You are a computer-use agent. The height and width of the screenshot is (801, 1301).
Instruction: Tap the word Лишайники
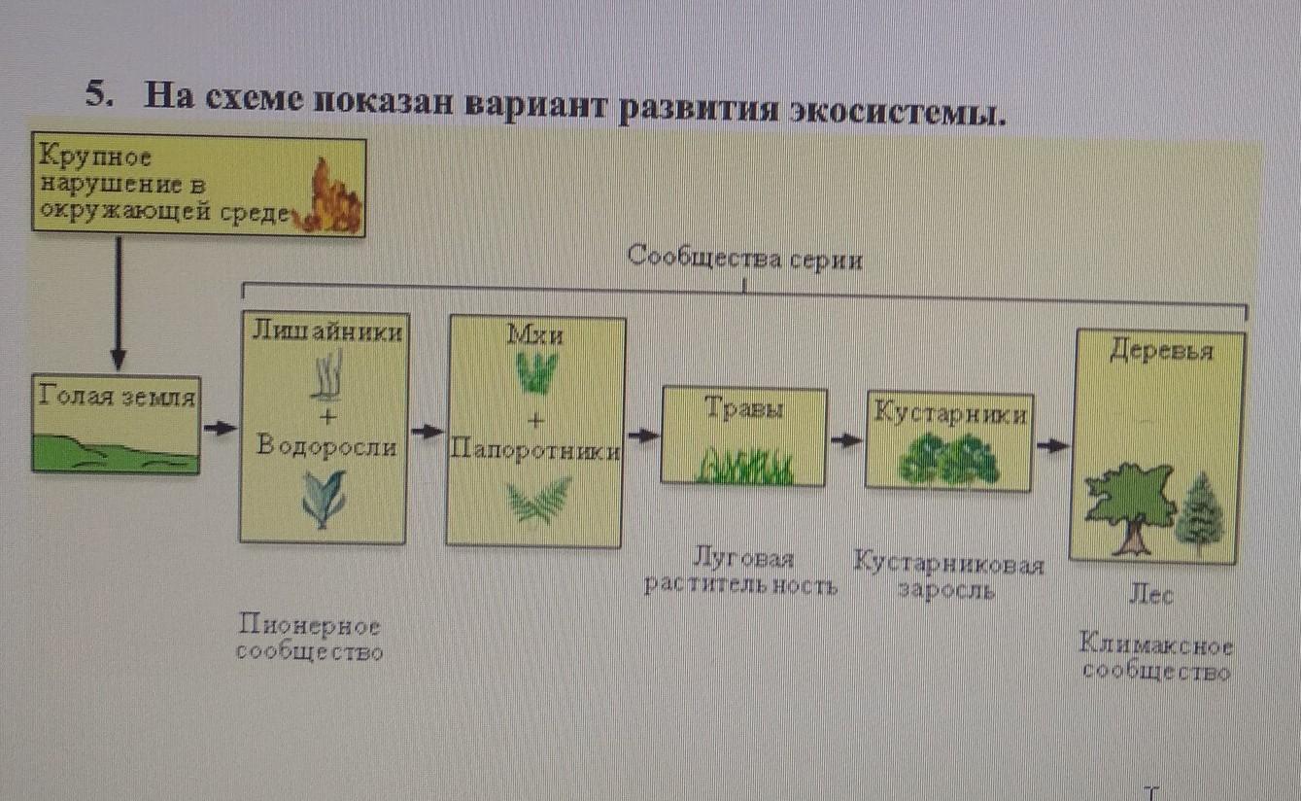326,331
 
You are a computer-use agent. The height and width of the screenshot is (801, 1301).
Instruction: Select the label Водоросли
326,446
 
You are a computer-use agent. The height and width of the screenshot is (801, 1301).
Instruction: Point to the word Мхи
534,335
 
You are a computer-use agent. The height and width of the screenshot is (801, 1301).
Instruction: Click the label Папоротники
535,452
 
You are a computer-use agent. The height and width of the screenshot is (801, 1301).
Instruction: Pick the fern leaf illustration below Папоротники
538,502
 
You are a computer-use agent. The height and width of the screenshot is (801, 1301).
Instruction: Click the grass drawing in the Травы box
746,467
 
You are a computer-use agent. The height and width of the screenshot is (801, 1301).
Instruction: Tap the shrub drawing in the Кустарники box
948,460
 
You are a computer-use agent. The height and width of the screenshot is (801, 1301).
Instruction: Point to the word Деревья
1161,351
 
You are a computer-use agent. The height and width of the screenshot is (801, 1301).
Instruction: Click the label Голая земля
118,397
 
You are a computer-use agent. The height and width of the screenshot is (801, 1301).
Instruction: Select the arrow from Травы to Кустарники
846,439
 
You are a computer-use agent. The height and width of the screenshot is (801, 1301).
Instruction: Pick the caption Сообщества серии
744,260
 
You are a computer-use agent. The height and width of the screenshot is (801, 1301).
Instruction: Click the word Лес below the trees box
1150,595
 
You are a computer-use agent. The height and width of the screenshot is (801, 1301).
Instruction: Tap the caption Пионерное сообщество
309,638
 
